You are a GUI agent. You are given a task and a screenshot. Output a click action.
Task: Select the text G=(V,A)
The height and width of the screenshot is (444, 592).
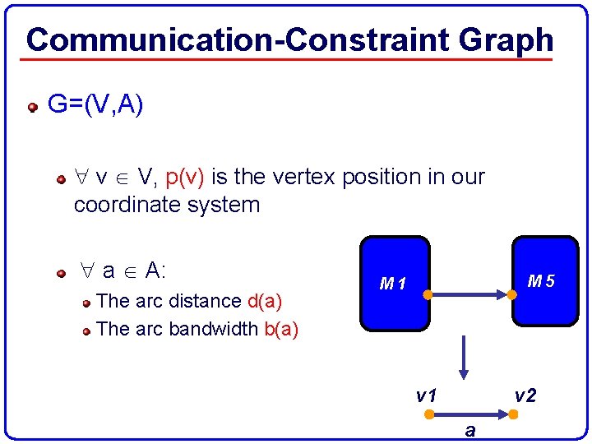pos(95,104)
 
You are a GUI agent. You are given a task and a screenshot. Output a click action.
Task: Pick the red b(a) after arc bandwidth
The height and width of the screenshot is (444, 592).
pos(281,329)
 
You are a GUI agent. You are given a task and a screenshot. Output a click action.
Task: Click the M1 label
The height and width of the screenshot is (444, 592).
pos(393,284)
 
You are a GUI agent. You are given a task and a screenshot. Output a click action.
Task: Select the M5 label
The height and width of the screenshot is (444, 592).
pos(541,281)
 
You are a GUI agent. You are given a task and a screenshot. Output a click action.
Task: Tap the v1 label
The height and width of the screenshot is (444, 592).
pos(425,396)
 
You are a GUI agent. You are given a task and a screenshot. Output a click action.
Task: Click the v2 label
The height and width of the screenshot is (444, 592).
pos(525,396)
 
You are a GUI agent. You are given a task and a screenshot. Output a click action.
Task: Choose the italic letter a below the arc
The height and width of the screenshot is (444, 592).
pos(469,429)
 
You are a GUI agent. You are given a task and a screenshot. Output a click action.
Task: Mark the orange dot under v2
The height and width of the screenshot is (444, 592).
pos(512,414)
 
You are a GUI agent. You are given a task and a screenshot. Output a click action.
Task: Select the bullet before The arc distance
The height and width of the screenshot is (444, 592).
pos(86,303)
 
